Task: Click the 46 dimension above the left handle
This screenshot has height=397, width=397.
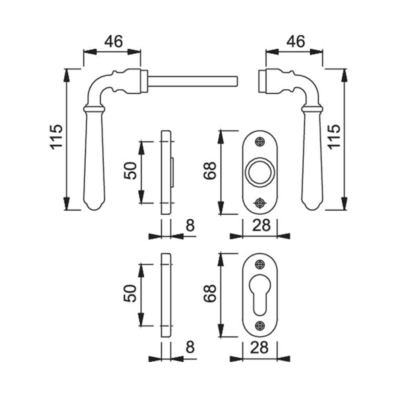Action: tap(113, 41)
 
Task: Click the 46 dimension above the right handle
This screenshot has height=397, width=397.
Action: tap(295, 41)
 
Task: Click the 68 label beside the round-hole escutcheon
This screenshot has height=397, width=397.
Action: tap(210, 171)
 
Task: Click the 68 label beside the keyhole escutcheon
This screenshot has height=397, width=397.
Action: tap(210, 294)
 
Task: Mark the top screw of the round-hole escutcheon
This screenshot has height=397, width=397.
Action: tap(260, 142)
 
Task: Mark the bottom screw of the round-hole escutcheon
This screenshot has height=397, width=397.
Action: tap(260, 202)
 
